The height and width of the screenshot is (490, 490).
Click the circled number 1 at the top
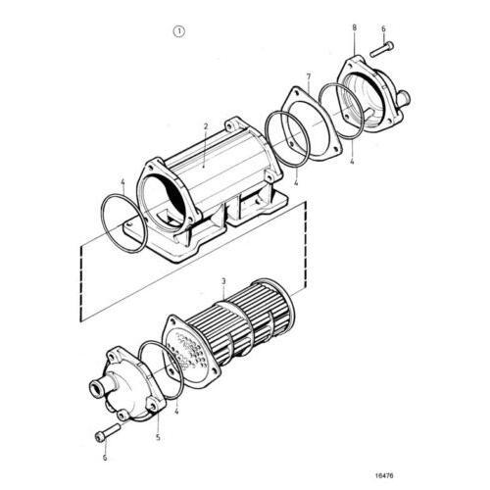pos(178,31)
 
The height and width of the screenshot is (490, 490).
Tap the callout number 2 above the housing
pos(206,126)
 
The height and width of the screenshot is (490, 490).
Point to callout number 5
pos(159,438)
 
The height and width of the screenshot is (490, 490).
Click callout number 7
pos(308,76)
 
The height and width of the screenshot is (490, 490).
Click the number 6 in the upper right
pos(383,29)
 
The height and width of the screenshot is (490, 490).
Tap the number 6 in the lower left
pos(102,457)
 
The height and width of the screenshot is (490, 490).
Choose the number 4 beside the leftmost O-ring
pos(122,182)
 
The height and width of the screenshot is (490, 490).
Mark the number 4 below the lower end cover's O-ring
pos(175,413)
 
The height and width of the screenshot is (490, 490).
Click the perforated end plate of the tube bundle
pos(187,349)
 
